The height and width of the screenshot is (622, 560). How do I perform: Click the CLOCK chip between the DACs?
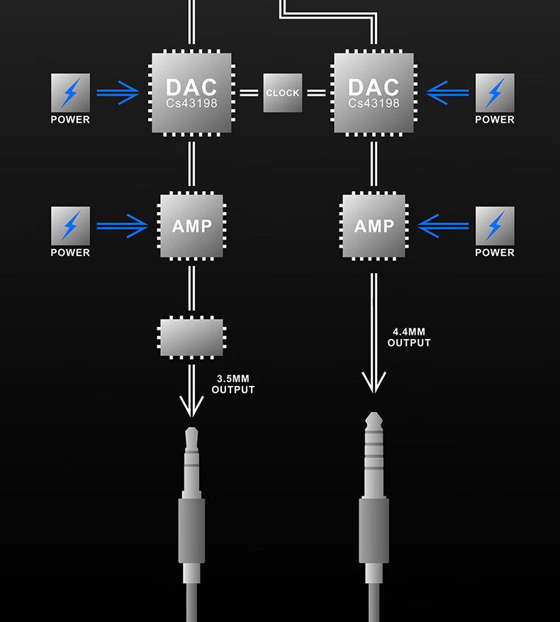click(283, 93)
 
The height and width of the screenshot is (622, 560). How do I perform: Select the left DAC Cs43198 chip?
click(191, 93)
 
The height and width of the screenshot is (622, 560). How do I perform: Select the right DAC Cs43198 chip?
click(374, 93)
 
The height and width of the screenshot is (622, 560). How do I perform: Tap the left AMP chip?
click(191, 226)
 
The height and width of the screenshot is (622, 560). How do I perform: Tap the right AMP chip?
click(374, 226)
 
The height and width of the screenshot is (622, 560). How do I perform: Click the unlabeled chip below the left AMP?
click(191, 337)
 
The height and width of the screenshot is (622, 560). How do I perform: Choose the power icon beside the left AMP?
click(70, 226)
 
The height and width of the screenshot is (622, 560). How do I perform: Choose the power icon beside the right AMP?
click(495, 226)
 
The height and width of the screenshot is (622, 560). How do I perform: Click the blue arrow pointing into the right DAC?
click(448, 92)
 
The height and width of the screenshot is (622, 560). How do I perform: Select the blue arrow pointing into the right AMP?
click(444, 226)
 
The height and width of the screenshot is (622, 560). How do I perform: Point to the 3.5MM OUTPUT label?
click(233, 384)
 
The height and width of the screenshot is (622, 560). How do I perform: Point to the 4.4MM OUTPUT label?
click(409, 337)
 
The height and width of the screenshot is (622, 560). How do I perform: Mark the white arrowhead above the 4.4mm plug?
click(374, 383)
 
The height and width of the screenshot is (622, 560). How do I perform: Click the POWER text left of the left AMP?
click(70, 252)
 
